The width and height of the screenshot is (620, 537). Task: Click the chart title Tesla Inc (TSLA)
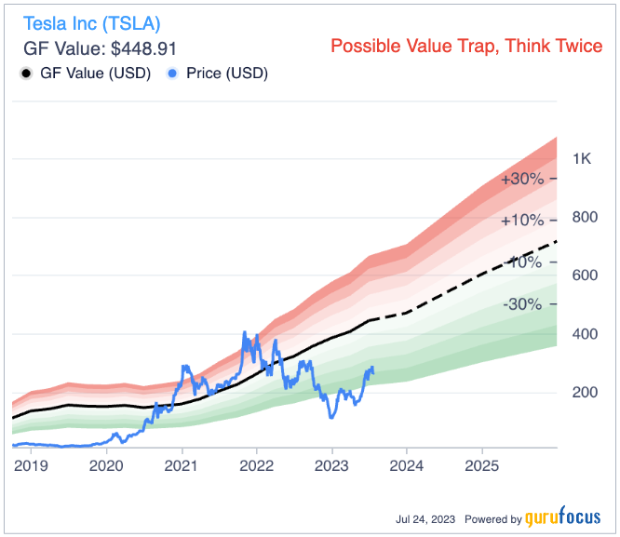(x=91, y=21)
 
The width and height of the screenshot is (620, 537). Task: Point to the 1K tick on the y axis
(x=582, y=159)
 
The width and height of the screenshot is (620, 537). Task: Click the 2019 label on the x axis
(x=31, y=463)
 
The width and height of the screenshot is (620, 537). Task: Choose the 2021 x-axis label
(x=181, y=463)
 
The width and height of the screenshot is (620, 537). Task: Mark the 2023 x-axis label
(x=331, y=463)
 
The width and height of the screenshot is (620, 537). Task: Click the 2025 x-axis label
(x=481, y=463)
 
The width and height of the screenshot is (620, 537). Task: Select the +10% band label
(x=521, y=221)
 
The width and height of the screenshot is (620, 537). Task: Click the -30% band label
(x=523, y=304)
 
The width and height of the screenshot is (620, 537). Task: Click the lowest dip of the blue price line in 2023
(x=332, y=417)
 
